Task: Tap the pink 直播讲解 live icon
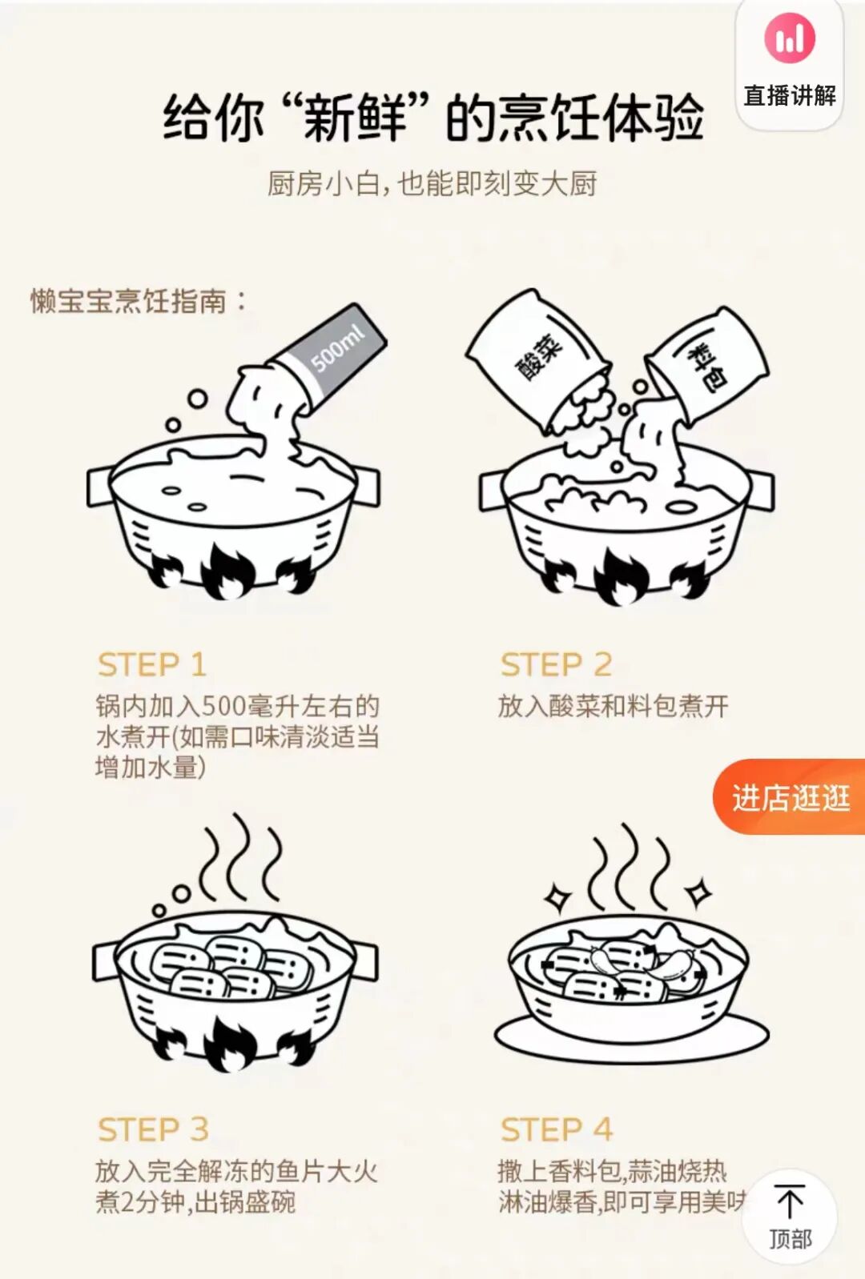789,38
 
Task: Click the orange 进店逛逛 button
790,797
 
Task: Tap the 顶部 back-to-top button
790,1217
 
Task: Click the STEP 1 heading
151,665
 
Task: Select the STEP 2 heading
556,665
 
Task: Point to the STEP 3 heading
153,1129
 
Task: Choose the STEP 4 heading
557,1129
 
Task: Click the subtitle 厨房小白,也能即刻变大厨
432,184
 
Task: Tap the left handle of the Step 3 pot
105,960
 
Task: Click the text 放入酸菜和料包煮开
613,706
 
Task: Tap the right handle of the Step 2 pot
762,490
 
